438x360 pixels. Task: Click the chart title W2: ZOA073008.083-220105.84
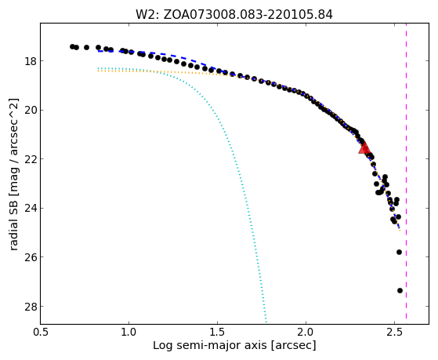(234, 14)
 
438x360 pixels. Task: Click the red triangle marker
(364, 148)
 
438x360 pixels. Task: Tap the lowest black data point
(400, 291)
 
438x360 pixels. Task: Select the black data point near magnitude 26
(399, 252)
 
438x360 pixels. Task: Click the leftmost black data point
(72, 46)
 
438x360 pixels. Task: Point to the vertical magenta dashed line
(406, 171)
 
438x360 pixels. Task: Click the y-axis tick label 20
(31, 110)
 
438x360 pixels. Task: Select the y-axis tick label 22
(31, 159)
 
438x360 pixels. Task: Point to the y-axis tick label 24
(31, 208)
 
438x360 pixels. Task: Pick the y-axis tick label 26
(31, 257)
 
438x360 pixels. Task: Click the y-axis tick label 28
(31, 307)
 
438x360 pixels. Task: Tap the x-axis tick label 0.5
(41, 333)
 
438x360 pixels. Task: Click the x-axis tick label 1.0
(129, 333)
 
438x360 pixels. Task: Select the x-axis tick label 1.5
(217, 333)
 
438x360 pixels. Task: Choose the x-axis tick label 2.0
(306, 333)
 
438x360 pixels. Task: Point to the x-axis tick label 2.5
(394, 333)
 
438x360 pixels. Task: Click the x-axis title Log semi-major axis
(210, 346)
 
